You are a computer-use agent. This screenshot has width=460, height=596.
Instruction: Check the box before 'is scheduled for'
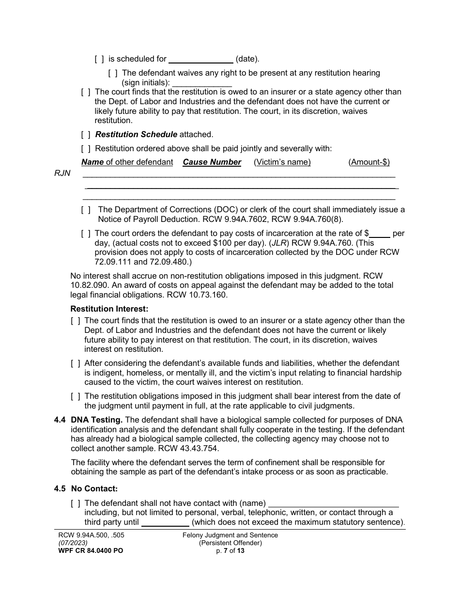pyautogui.click(x=99, y=59)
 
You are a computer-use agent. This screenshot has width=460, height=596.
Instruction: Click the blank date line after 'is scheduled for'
pyautogui.click(x=200, y=60)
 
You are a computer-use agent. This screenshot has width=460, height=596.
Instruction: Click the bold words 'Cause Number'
pyautogui.click(x=212, y=162)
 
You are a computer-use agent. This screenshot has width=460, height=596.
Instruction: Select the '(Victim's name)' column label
pyautogui.click(x=282, y=162)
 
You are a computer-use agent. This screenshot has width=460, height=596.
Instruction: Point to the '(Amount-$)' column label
pyautogui.click(x=369, y=162)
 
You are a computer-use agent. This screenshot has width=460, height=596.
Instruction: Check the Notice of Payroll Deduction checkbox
pyautogui.click(x=86, y=210)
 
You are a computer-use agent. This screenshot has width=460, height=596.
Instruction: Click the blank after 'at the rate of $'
pyautogui.click(x=380, y=234)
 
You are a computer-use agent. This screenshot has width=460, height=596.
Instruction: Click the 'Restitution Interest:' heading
pyautogui.click(x=109, y=309)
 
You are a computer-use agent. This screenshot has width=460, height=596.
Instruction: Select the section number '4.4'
pyautogui.click(x=60, y=420)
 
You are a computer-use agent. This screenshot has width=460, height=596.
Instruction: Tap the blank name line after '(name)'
pyautogui.click(x=333, y=504)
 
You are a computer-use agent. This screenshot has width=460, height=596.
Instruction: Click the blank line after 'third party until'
pyautogui.click(x=165, y=523)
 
